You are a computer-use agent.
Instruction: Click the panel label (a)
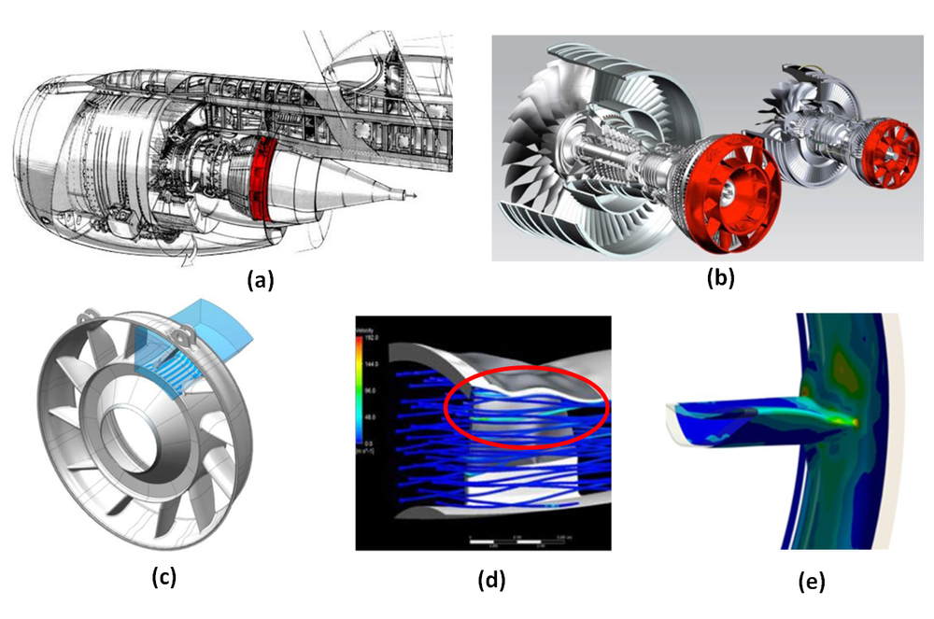(259, 279)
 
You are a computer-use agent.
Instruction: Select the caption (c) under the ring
(163, 576)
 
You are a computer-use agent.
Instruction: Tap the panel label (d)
(490, 579)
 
